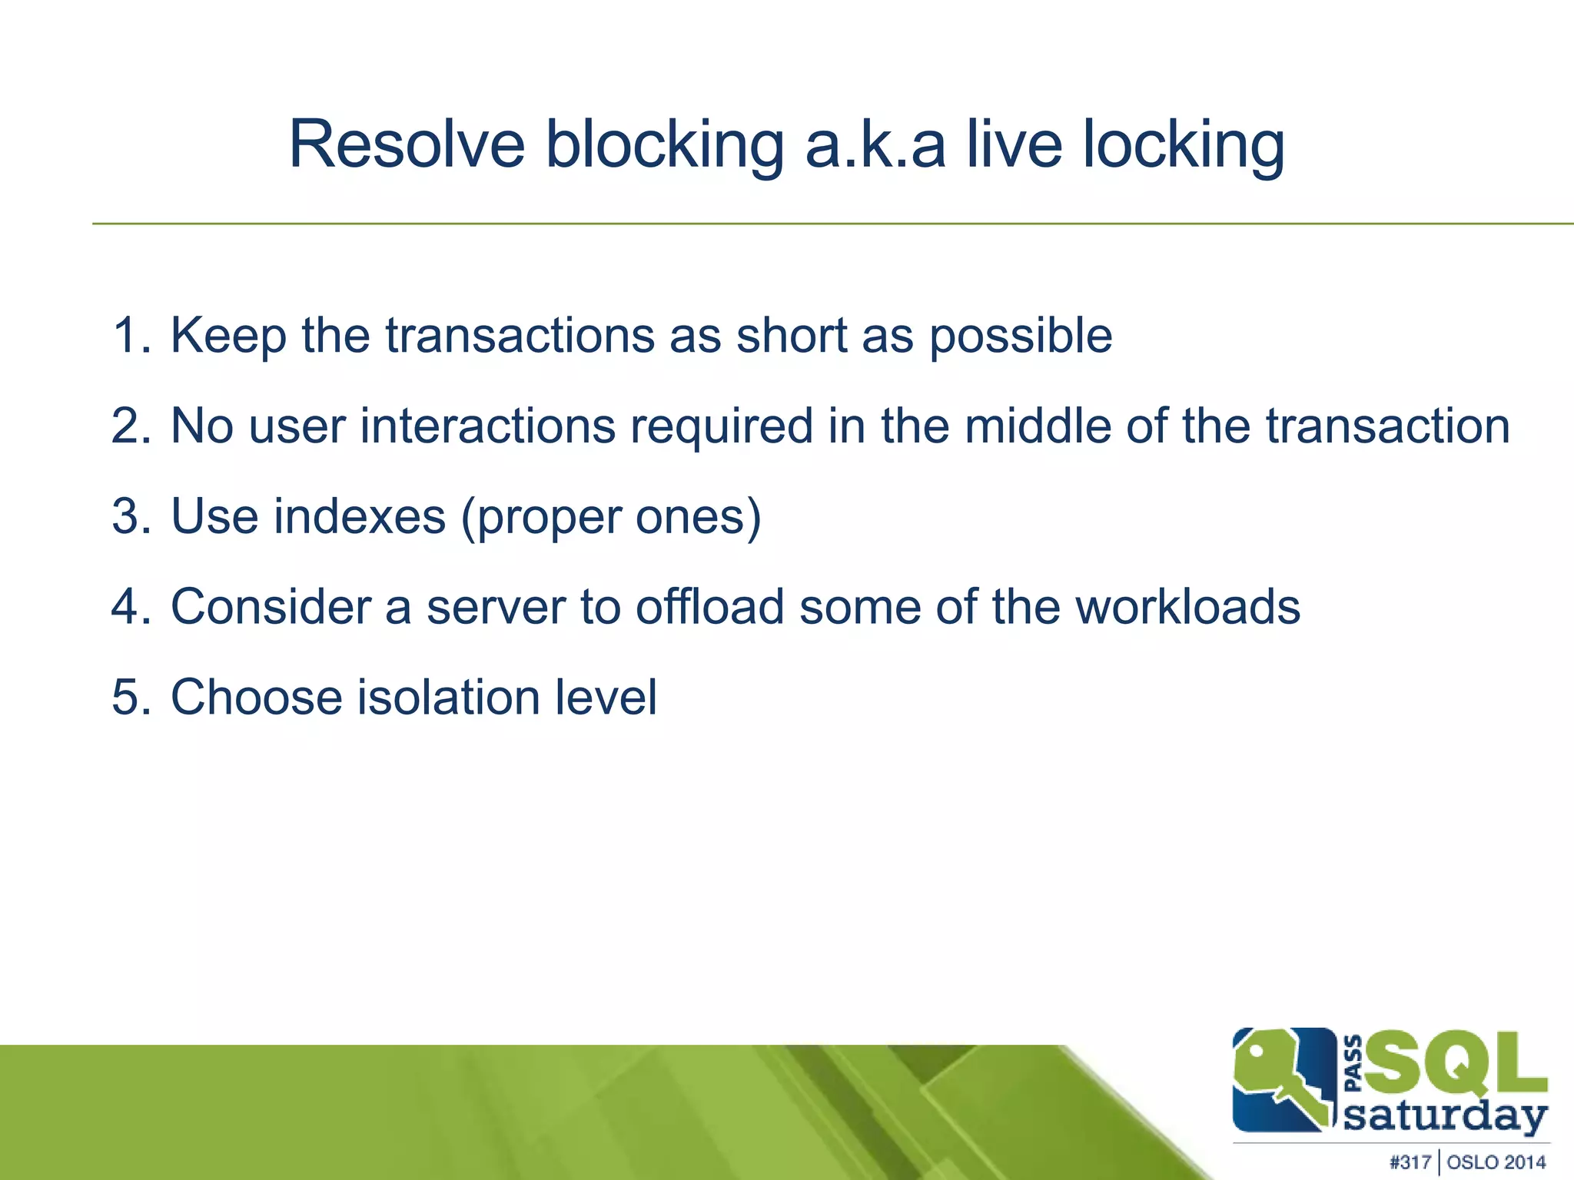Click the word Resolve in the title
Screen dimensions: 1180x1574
[x=406, y=144]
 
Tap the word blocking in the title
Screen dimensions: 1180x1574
[x=664, y=146]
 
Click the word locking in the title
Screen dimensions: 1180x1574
[x=1183, y=146]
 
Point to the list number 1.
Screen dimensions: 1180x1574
[x=130, y=336]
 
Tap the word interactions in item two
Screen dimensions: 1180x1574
[x=487, y=426]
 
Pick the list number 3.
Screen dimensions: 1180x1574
[x=130, y=516]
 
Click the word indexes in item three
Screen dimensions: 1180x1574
[x=360, y=516]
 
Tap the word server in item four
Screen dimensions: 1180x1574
[x=496, y=607]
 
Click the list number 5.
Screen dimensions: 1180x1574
[x=130, y=698]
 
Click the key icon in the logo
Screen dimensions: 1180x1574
[x=1280, y=1079]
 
